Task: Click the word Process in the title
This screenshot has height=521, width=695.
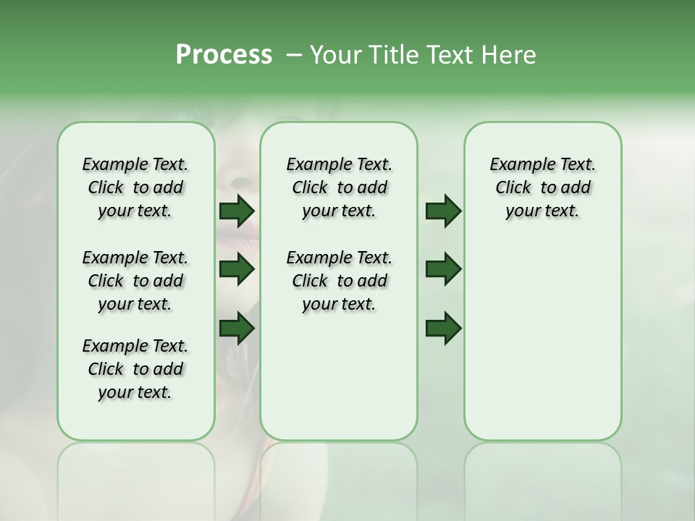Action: tap(224, 55)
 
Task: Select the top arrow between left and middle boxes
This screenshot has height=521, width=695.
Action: tap(237, 211)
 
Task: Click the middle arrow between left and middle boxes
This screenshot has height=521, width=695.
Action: tap(237, 269)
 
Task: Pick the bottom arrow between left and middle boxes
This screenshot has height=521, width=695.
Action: tap(237, 329)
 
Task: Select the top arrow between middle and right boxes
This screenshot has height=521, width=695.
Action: tap(443, 211)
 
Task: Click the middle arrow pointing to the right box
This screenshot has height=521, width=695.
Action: tap(443, 269)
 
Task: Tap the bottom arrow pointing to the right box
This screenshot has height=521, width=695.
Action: tap(443, 329)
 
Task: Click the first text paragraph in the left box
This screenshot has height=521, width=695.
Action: tap(135, 187)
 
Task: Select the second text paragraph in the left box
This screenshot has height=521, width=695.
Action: tap(135, 281)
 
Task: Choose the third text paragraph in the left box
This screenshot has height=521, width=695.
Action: tap(135, 369)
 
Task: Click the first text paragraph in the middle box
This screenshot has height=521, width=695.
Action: tap(339, 187)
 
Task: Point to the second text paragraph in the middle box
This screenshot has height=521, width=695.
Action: tap(339, 281)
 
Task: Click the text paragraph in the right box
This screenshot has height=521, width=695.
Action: tap(543, 187)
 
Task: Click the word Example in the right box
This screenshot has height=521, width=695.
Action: tap(517, 165)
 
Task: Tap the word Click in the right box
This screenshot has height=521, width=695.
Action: tap(513, 188)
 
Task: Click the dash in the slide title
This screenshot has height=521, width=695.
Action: tap(293, 55)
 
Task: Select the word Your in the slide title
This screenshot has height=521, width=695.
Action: tap(332, 55)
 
